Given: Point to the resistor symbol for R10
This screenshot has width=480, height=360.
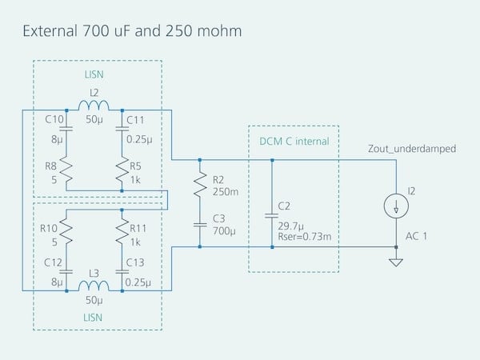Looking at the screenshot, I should coord(66,231).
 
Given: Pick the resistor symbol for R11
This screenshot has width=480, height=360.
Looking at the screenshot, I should coord(122,231).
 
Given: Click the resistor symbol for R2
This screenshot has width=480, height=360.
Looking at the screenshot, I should coord(200,186).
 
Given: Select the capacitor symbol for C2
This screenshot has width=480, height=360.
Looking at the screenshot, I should coord(273,215).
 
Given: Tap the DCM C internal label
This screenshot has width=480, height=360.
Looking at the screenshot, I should coord(294,142).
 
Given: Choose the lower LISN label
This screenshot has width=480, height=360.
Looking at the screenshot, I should coord(94,318).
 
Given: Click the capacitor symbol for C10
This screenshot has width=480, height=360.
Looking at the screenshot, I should coord(66,127).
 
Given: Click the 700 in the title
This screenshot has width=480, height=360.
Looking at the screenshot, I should coord(98,32).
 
